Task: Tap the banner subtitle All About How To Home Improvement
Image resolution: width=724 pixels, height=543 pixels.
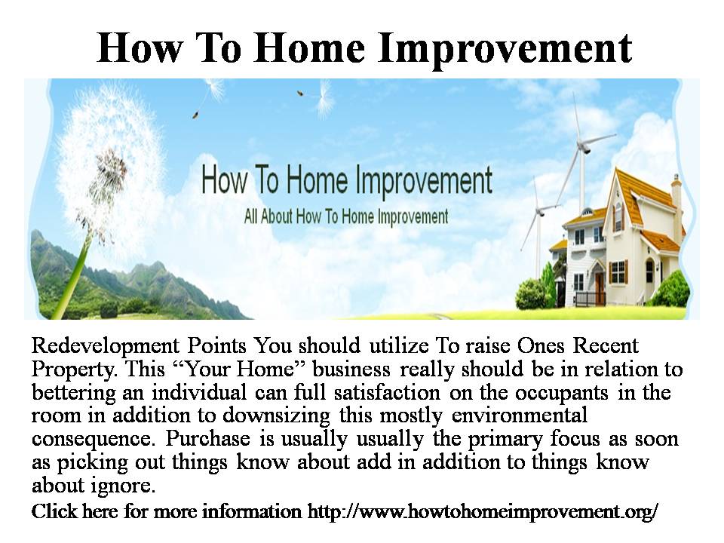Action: click(x=346, y=216)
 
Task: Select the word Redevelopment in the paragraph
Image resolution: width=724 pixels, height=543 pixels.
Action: click(x=106, y=346)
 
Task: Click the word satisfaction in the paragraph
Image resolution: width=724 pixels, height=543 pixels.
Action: click(x=387, y=392)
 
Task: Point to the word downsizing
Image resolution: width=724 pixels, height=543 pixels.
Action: click(x=276, y=416)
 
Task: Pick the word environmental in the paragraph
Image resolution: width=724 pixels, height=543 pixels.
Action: click(x=519, y=415)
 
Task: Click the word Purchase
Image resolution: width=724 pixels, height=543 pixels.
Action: click(x=208, y=438)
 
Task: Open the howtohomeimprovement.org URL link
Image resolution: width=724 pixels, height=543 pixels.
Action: click(x=483, y=511)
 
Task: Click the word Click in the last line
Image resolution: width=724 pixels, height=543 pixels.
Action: click(x=54, y=511)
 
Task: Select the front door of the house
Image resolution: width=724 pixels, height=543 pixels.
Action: click(x=600, y=289)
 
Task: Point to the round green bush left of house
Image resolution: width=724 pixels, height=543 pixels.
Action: click(x=532, y=294)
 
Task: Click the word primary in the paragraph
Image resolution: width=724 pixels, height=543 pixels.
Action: click(x=505, y=439)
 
